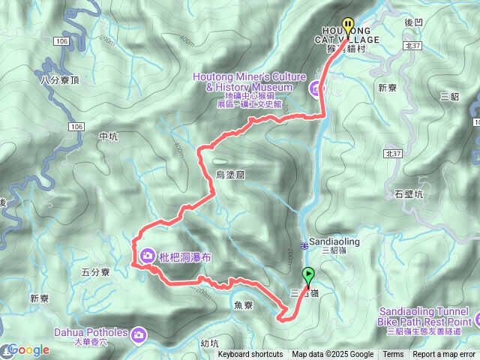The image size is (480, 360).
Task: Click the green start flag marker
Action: click(308, 276)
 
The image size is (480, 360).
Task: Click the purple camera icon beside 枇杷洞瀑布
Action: click(148, 256)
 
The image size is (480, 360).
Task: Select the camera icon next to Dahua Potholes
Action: click(139, 332)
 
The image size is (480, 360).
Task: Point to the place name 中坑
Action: click(108, 136)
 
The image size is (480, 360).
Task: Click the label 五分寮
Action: click(95, 272)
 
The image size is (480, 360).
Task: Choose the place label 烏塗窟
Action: click(230, 174)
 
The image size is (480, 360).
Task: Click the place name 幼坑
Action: click(210, 343)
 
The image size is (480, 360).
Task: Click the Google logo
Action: click(28, 349)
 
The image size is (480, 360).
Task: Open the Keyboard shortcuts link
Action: click(251, 355)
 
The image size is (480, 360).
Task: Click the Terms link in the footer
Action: click(393, 355)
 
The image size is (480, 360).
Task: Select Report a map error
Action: click(444, 355)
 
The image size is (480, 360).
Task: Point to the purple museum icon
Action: click(315, 89)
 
